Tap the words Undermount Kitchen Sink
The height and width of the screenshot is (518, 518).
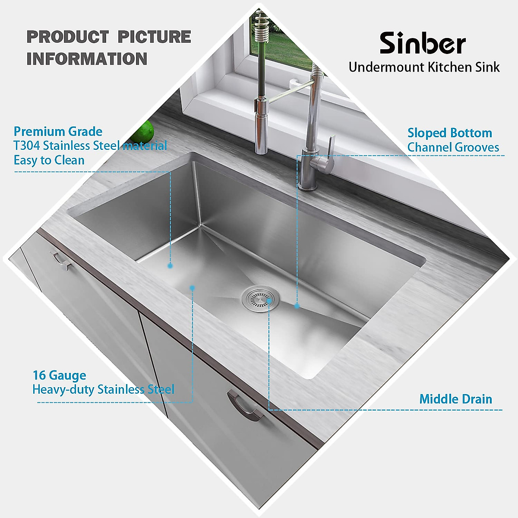tap(424, 67)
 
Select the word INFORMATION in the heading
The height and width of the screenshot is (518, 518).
tap(87, 59)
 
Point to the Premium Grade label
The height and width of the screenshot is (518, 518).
tap(58, 132)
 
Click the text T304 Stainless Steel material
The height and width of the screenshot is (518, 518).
tap(90, 146)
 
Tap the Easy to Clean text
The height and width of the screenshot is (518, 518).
tap(49, 160)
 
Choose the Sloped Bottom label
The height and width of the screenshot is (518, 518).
tap(449, 133)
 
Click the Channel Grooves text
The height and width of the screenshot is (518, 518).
tap(453, 148)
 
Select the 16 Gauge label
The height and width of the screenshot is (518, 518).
tap(59, 375)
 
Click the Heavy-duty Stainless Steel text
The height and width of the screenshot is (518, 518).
tap(103, 389)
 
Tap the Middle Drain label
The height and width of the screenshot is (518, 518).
tap(455, 399)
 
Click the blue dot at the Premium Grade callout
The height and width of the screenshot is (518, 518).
tap(170, 266)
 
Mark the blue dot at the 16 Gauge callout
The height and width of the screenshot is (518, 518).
tap(193, 287)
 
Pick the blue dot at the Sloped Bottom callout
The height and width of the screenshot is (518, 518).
tap(297, 306)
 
